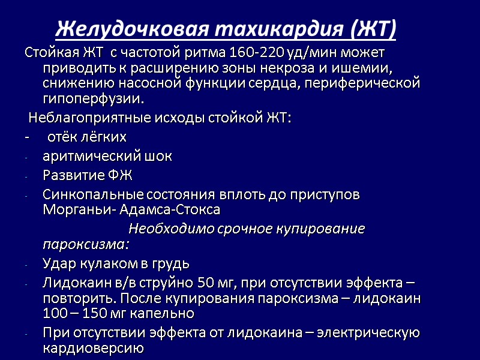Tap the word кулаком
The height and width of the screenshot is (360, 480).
click(103, 263)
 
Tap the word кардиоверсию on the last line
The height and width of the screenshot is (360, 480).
click(92, 347)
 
